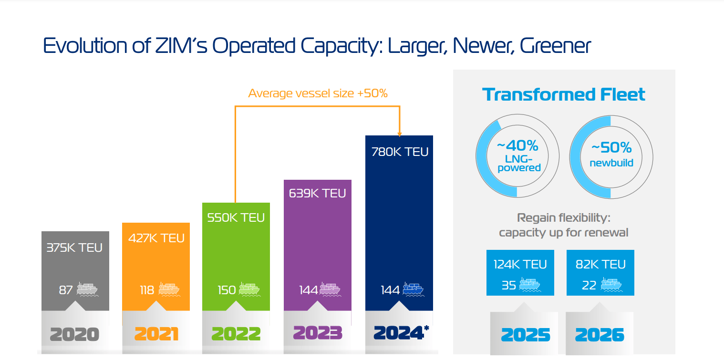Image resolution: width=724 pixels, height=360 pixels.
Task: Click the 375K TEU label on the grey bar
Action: [x=74, y=248]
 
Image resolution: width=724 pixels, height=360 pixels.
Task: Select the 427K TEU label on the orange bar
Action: [x=156, y=238]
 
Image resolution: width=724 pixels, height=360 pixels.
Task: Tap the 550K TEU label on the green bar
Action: [x=236, y=218]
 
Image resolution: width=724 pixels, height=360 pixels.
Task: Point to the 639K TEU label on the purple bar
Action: [x=317, y=194]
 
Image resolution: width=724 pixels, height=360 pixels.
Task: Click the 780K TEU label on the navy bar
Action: [x=399, y=152]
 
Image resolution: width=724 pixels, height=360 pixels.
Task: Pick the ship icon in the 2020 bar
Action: [x=87, y=289]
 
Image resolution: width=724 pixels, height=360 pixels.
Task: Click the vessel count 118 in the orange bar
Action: [x=146, y=290]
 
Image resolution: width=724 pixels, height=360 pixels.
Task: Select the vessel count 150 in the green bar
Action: [x=227, y=290]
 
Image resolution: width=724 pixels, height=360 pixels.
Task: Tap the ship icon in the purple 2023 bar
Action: [x=330, y=289]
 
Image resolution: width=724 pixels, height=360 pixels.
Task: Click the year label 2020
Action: [x=74, y=334]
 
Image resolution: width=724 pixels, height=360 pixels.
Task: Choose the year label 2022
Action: [x=236, y=334]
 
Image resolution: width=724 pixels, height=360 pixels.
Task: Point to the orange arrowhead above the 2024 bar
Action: [x=399, y=134]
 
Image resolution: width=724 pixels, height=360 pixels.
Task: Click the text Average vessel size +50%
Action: [x=318, y=93]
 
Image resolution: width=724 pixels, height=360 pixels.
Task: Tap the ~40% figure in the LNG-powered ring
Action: [x=517, y=145]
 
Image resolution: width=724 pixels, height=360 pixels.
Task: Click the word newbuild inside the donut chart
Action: [x=611, y=163]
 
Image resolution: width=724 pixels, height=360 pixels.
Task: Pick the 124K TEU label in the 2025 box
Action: [x=520, y=265]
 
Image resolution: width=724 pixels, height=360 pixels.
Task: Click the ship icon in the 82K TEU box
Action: [x=611, y=285]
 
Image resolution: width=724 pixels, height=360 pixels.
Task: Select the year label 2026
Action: [x=600, y=335]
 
